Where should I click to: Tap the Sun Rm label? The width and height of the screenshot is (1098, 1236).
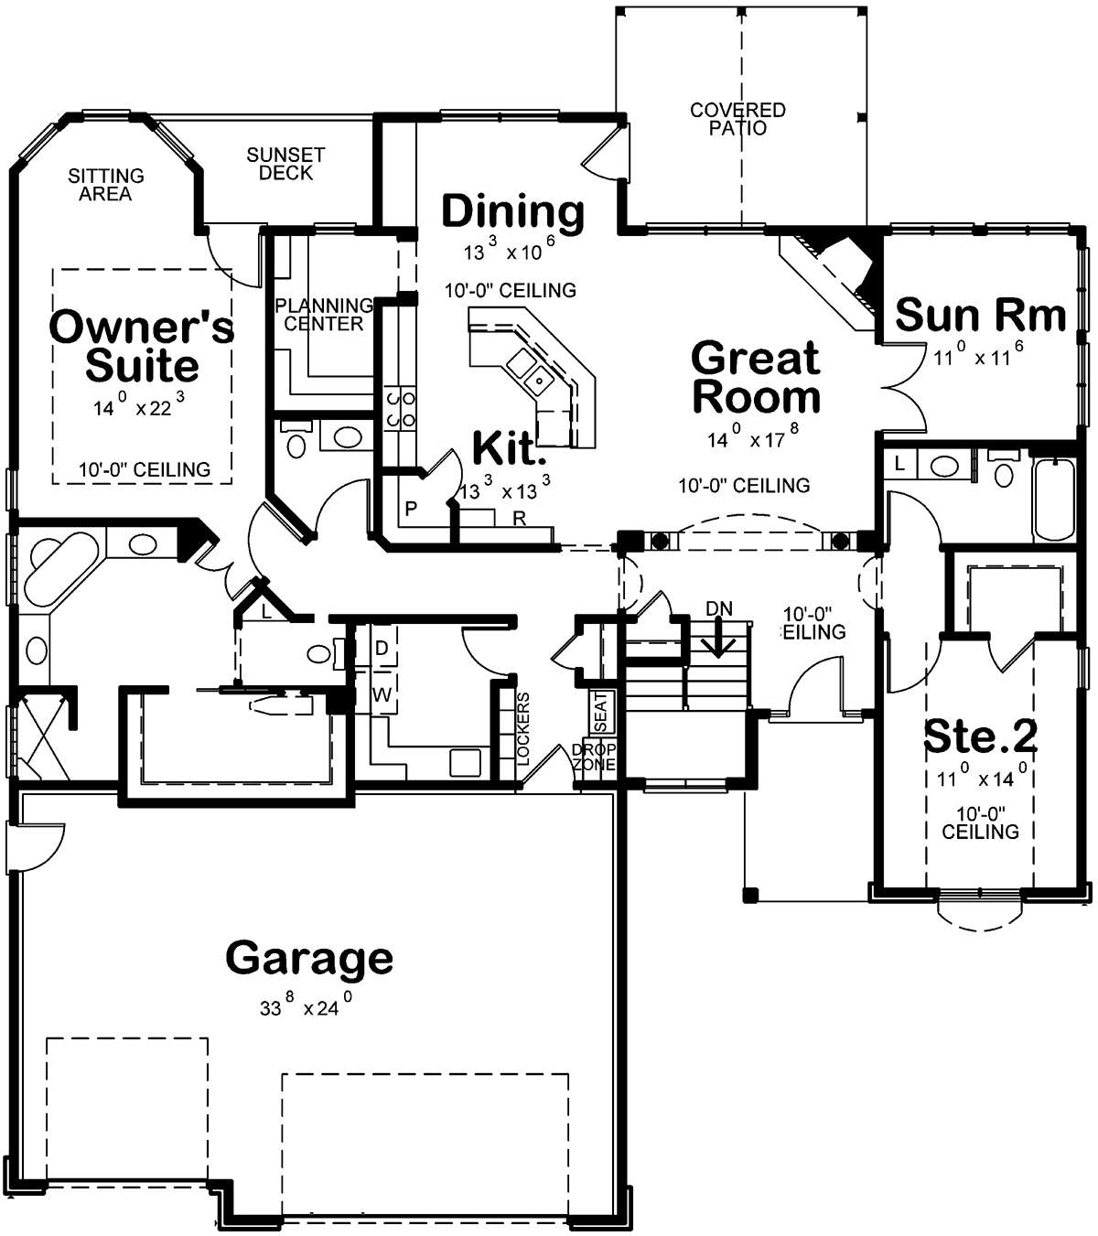(980, 315)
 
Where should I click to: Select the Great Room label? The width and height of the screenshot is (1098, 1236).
(756, 377)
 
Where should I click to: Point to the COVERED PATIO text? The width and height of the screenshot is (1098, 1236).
(737, 119)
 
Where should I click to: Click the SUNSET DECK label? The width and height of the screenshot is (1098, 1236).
(285, 164)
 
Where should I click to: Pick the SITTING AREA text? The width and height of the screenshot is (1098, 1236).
(106, 185)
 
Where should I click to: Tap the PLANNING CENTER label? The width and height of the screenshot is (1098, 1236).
(324, 314)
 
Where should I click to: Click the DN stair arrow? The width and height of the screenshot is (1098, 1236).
(718, 637)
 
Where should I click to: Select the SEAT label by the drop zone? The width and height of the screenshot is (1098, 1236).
(601, 713)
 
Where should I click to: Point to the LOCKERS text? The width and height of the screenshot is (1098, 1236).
(523, 728)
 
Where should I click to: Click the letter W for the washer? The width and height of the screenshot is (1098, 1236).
(382, 694)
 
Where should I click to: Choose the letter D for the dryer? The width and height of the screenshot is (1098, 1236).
(382, 648)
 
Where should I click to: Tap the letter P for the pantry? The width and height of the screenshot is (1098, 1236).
(411, 508)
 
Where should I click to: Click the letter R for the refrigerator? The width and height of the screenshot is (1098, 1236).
(519, 519)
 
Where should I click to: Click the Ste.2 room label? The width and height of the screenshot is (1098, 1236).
(981, 737)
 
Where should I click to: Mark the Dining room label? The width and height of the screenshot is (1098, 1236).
(512, 211)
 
